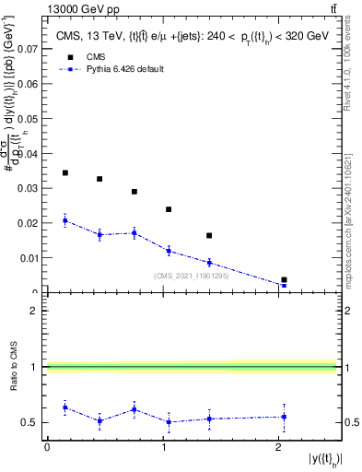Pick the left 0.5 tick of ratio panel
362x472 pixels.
click(35, 423)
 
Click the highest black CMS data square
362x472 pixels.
click(64, 172)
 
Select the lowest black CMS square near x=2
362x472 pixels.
click(284, 279)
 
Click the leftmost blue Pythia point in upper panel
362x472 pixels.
click(64, 219)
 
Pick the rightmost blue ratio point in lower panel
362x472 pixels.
click(284, 417)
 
